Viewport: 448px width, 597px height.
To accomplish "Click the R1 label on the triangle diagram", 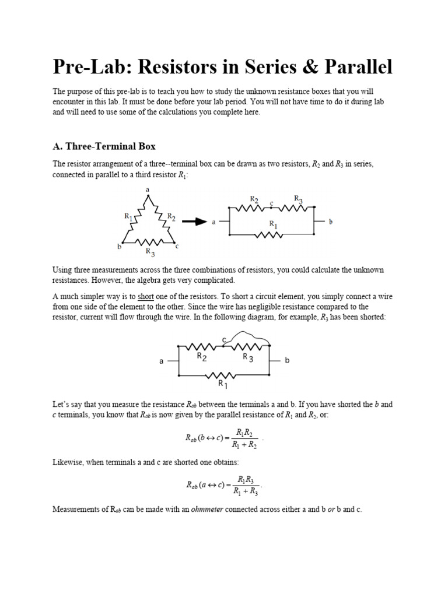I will tap(128, 216).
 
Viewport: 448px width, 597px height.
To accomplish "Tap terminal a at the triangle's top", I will tap(147, 190).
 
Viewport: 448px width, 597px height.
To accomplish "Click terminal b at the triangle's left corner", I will tap(119, 247).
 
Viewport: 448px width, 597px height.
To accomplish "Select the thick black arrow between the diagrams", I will tap(194, 222).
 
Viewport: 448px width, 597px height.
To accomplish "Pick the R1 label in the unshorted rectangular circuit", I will tap(273, 224).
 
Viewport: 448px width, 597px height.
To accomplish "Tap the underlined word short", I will tap(145, 296).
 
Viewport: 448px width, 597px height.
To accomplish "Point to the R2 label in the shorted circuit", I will tap(201, 356).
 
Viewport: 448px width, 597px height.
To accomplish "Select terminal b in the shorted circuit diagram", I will tap(287, 361).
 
